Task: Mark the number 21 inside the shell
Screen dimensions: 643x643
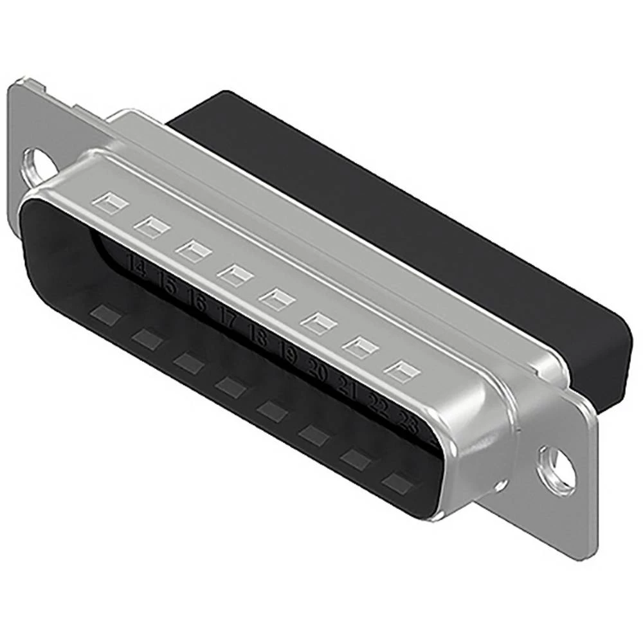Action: pyautogui.click(x=347, y=386)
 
